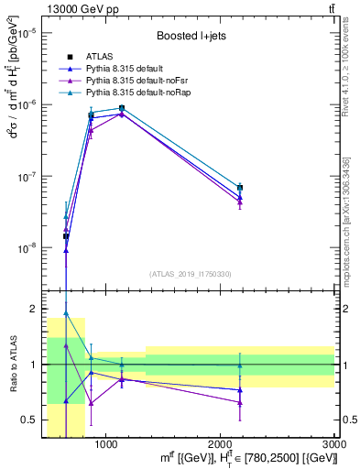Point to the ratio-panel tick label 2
[31, 310]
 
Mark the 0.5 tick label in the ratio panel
[27, 420]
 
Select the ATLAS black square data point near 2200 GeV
[240, 187]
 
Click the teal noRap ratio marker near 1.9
[66, 313]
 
